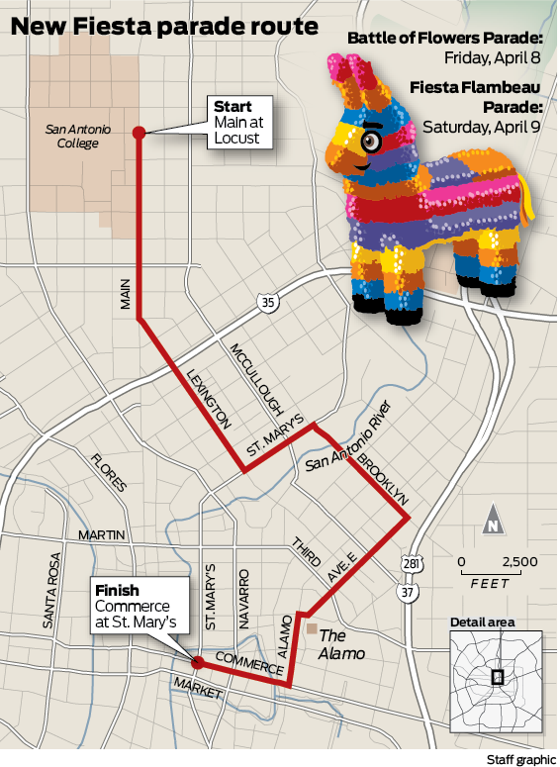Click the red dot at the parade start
(x=139, y=132)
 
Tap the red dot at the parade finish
(x=196, y=661)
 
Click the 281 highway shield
(x=410, y=565)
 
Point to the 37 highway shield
(x=408, y=592)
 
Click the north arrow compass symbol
(x=492, y=523)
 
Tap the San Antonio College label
(x=72, y=137)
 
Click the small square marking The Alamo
(x=311, y=628)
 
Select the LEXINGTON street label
(x=208, y=396)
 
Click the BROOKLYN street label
(x=382, y=479)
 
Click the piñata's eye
(x=371, y=142)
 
